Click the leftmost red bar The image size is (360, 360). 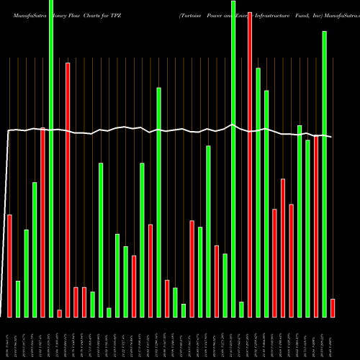pos(9,266)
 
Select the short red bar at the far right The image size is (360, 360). pos(333,308)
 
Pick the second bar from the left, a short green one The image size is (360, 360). pos(18,299)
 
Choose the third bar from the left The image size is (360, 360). pos(26,274)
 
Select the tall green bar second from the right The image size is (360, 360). pos(324,174)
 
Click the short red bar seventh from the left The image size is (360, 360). pos(60,313)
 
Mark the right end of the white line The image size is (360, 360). pos(332,137)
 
